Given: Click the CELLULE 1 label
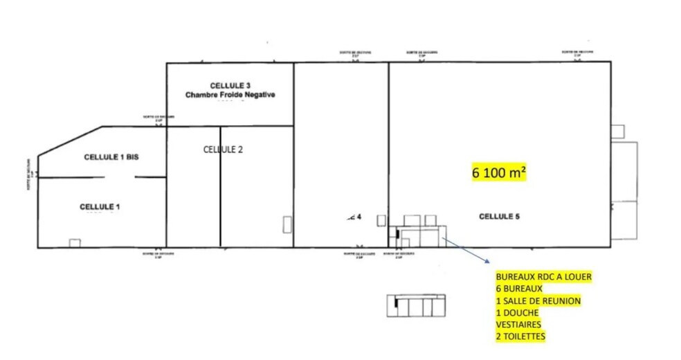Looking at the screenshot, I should pyautogui.click(x=100, y=206).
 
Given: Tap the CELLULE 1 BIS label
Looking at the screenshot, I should pyautogui.click(x=111, y=157).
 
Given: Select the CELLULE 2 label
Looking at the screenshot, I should pyautogui.click(x=223, y=149).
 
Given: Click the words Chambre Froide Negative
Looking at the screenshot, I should pyautogui.click(x=230, y=94).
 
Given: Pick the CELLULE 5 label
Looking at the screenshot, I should pyautogui.click(x=499, y=217).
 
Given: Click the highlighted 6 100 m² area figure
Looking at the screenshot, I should pyautogui.click(x=499, y=173).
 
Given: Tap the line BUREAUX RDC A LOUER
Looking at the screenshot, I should pyautogui.click(x=543, y=277).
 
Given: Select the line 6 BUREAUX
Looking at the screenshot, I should pyautogui.click(x=519, y=289).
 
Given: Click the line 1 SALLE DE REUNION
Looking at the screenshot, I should pyautogui.click(x=538, y=301).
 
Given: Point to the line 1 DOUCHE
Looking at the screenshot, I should pyautogui.click(x=517, y=313).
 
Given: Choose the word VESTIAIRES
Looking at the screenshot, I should pyautogui.click(x=518, y=325).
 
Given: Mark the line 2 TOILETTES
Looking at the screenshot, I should pyautogui.click(x=520, y=336).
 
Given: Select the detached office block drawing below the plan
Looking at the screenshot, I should pyautogui.click(x=416, y=305).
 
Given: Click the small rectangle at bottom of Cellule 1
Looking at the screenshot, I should pyautogui.click(x=75, y=242).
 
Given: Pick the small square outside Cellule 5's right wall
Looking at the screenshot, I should pyautogui.click(x=617, y=131).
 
